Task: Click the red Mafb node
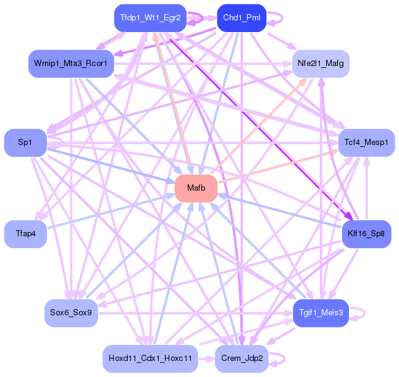(196, 188)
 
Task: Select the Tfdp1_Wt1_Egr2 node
(151, 18)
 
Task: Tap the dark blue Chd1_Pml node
(241, 18)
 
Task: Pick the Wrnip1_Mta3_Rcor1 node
(71, 64)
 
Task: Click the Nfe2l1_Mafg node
(321, 64)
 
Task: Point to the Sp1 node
(25, 143)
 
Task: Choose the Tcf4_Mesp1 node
(366, 143)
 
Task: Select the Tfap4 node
(25, 233)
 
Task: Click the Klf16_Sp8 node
(366, 233)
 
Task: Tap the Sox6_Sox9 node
(71, 313)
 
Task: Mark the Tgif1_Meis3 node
(321, 313)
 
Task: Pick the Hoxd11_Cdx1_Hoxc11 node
(150, 358)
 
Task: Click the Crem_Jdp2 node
(241, 358)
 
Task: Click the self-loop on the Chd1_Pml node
(275, 18)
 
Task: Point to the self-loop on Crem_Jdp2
(277, 358)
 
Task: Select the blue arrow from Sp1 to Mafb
(105, 163)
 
